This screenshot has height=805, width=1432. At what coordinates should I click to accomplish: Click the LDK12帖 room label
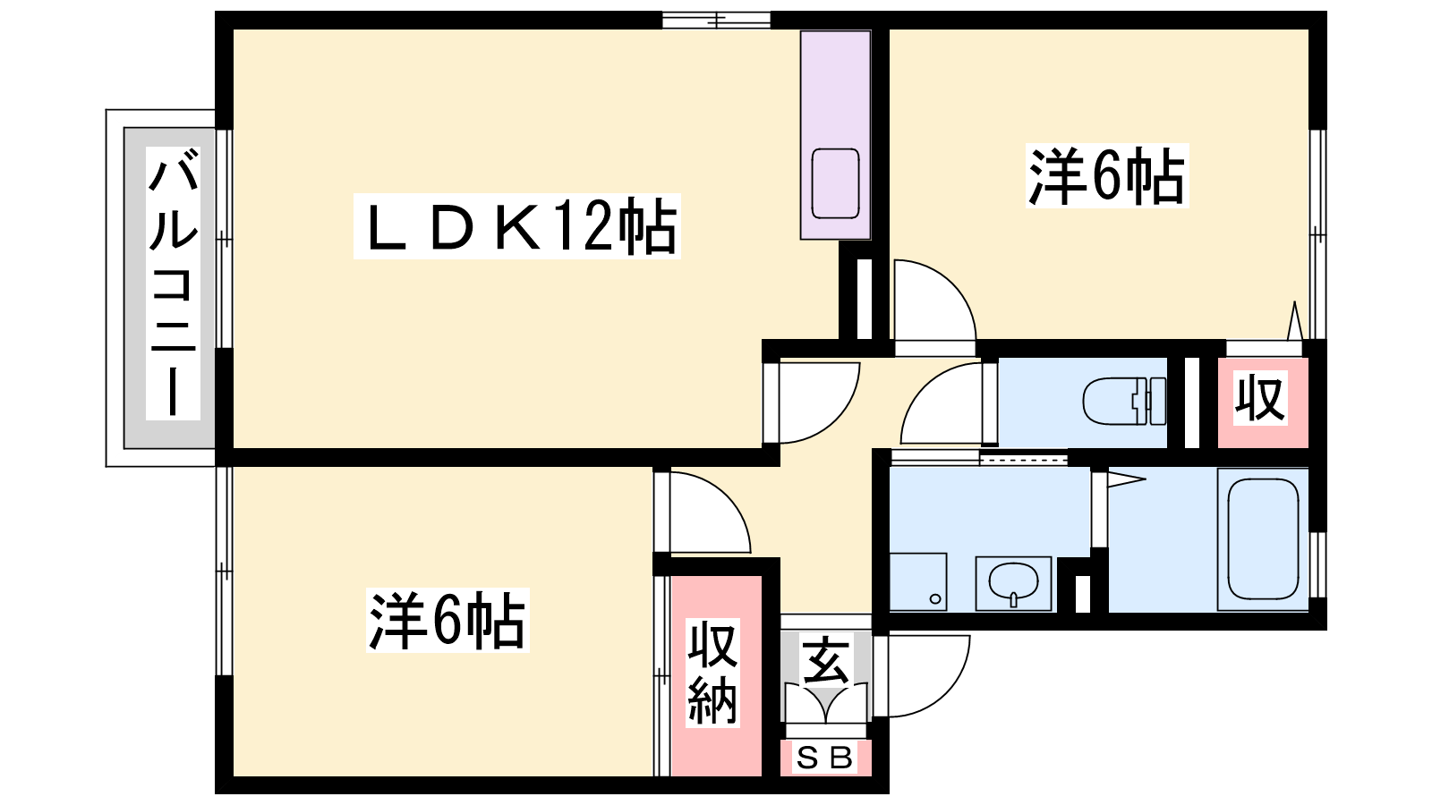click(x=517, y=227)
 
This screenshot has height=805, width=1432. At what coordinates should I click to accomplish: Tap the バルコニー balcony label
click(x=173, y=283)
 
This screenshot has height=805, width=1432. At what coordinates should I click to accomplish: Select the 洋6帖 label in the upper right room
click(x=1107, y=175)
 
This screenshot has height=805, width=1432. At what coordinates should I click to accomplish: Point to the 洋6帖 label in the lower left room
click(x=447, y=620)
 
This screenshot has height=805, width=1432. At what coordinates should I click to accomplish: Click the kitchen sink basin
click(x=835, y=183)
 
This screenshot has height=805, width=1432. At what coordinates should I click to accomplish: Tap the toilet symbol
click(x=1124, y=402)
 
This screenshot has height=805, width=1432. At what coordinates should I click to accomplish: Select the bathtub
click(x=1263, y=539)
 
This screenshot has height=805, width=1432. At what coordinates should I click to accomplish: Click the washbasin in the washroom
click(x=1013, y=582)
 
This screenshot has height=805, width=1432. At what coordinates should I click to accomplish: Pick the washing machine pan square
click(x=918, y=581)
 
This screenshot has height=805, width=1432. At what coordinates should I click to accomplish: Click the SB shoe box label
click(x=824, y=758)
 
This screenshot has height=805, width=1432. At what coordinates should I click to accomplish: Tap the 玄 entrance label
click(x=825, y=660)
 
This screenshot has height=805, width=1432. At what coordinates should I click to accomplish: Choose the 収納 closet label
click(x=712, y=672)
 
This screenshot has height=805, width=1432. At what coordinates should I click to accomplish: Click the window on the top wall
click(x=716, y=20)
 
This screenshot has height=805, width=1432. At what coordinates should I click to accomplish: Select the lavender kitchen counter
click(x=836, y=135)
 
